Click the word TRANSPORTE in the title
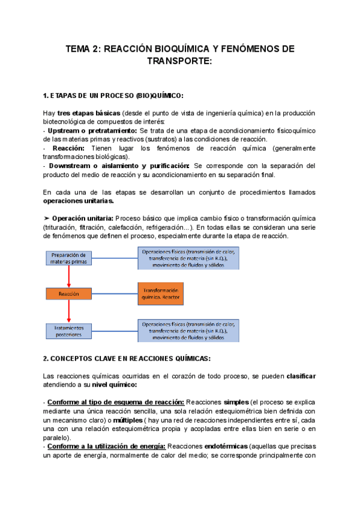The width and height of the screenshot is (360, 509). tap(179, 62)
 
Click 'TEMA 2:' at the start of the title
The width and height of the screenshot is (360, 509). tap(84, 49)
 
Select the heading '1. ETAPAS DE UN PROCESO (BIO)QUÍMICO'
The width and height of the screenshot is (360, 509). tap(114, 97)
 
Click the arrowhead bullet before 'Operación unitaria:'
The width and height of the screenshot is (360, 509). tap(47, 218)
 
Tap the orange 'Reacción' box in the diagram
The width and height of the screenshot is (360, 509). tap(69, 294)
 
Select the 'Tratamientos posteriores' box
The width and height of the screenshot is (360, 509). tap(69, 331)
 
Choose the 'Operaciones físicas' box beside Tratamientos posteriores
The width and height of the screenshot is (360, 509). tap(188, 330)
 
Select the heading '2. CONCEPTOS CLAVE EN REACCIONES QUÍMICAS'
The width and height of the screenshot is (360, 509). tap(126, 359)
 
